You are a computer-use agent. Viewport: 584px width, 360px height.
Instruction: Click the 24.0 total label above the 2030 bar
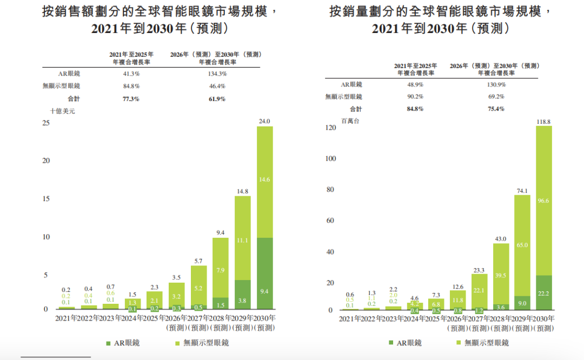[x=264, y=122]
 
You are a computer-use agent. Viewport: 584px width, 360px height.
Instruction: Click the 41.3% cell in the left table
[x=131, y=74]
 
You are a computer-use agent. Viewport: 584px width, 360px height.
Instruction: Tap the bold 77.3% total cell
[x=131, y=99]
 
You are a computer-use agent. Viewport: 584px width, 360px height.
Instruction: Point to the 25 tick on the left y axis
[x=46, y=123]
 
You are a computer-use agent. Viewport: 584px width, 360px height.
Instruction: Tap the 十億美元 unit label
[x=62, y=111]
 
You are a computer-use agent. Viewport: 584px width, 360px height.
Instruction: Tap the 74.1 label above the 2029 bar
[x=522, y=191]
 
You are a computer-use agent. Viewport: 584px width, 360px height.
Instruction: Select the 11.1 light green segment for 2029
[x=243, y=240]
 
